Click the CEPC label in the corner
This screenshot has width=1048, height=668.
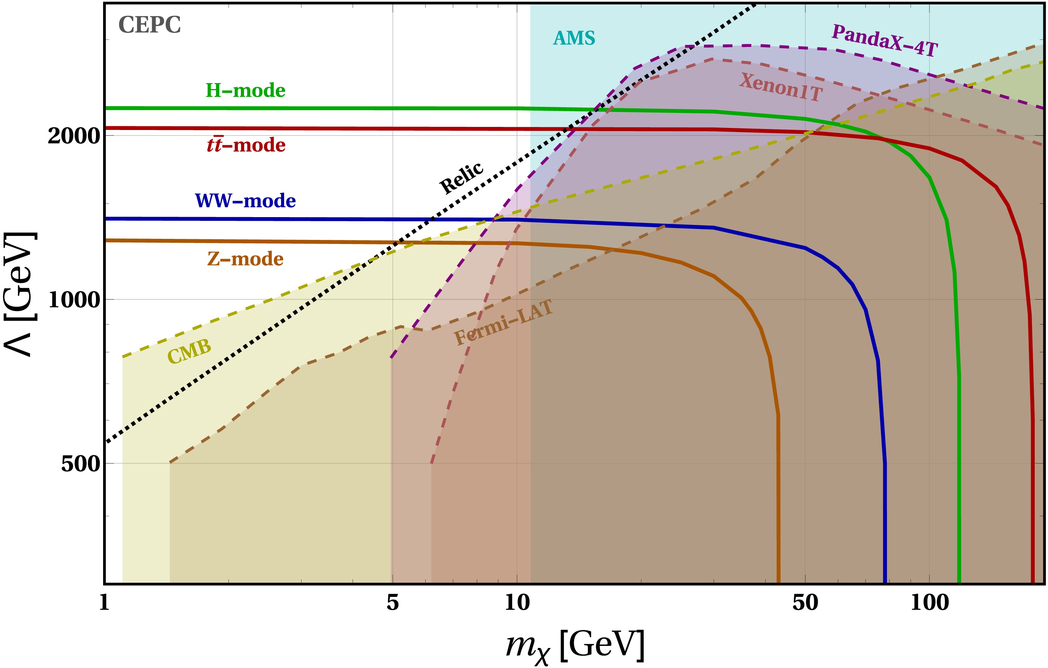[x=149, y=25]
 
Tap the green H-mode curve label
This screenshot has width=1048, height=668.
[x=245, y=91]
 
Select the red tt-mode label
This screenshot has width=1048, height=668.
[x=246, y=145]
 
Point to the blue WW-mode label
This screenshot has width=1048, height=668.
[x=245, y=201]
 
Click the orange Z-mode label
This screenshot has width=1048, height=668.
[x=245, y=259]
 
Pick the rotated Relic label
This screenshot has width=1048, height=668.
[x=461, y=178]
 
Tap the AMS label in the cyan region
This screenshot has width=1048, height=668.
[x=574, y=38]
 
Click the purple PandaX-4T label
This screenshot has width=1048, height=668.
[x=885, y=41]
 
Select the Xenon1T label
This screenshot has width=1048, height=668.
[x=781, y=87]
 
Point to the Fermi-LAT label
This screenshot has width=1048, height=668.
[x=504, y=323]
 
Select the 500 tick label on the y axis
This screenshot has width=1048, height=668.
[x=81, y=464]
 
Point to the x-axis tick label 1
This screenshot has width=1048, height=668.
[x=104, y=603]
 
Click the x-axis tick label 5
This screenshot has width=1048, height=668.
[x=393, y=603]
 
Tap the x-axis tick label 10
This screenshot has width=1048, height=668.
[x=517, y=603]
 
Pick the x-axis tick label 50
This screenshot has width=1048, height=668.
[x=805, y=603]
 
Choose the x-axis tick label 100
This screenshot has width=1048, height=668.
[x=930, y=603]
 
